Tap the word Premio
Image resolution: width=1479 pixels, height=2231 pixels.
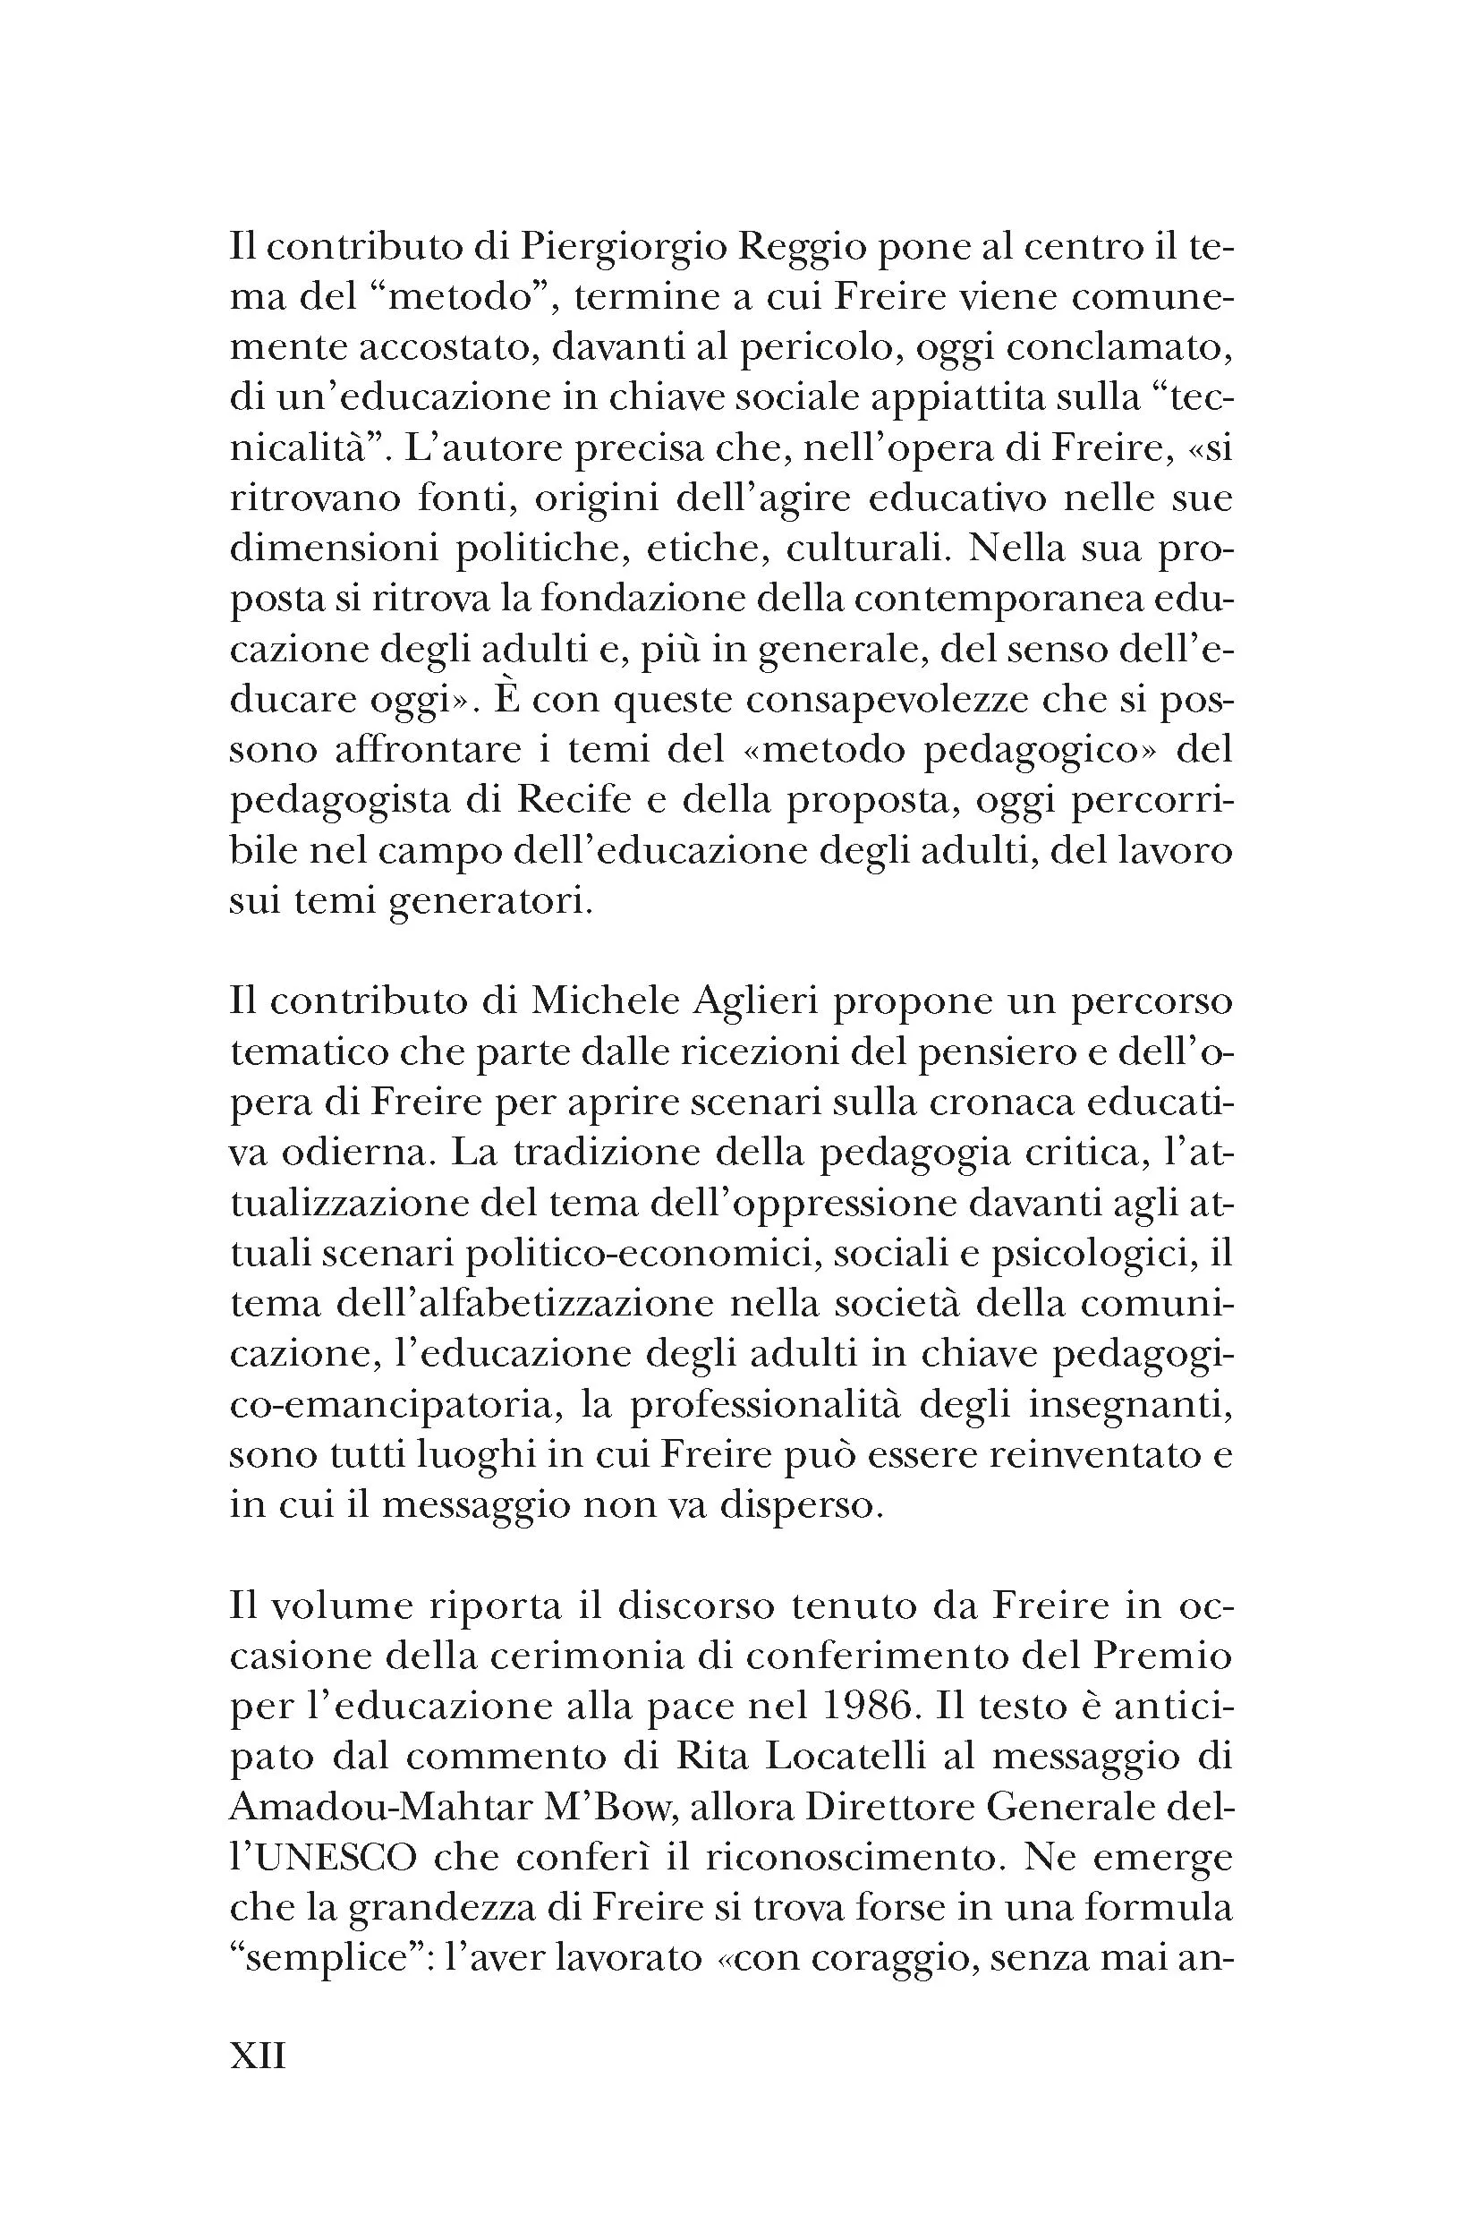(x=1169, y=1656)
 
